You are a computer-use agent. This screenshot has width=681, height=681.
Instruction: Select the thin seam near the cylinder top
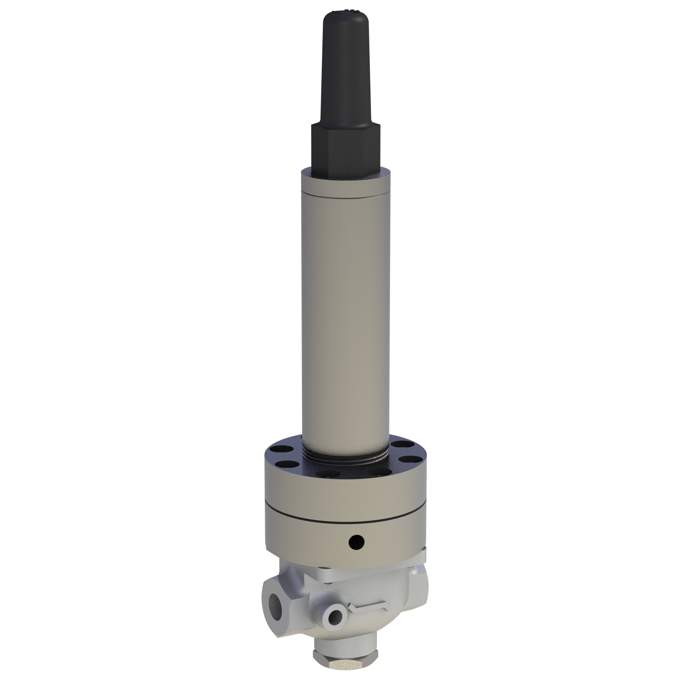coord(345,195)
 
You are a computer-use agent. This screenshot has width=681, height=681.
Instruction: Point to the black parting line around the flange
coord(345,521)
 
